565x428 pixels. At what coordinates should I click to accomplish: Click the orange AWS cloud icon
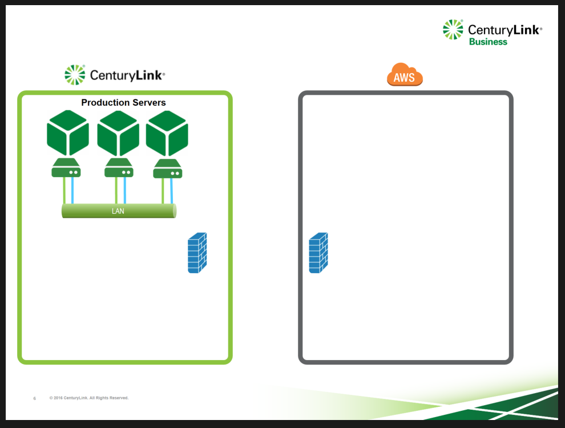point(405,75)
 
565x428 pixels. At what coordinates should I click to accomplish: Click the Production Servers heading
point(123,102)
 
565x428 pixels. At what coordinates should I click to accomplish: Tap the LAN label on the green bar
point(118,211)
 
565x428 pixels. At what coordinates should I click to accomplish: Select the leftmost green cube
point(68,133)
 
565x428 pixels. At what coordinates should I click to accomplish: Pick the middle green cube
point(118,133)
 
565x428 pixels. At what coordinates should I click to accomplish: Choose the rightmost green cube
point(167,133)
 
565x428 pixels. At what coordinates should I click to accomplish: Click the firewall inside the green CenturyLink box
point(197,253)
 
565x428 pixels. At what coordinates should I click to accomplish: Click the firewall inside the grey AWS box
point(318,253)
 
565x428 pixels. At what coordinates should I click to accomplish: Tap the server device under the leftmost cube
point(66,168)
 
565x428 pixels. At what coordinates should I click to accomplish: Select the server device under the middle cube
point(119,168)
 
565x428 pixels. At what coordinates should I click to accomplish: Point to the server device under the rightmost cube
point(168,169)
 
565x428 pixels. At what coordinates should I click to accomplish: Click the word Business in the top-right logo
point(488,42)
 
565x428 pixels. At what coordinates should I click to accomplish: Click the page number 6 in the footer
point(35,398)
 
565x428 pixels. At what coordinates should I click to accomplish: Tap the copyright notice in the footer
point(89,398)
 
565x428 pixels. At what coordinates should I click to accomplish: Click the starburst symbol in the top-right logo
point(453,29)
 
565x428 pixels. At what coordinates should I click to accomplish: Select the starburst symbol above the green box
point(75,75)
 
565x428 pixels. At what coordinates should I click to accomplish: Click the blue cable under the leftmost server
point(72,190)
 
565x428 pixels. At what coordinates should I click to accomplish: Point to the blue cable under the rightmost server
point(172,191)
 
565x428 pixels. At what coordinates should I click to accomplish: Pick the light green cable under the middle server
point(116,190)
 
